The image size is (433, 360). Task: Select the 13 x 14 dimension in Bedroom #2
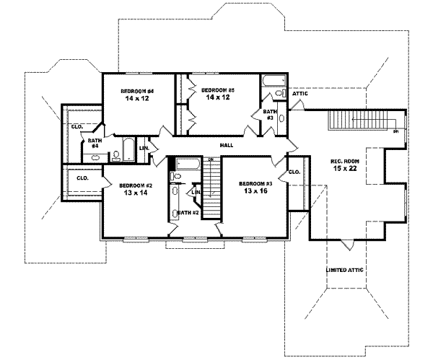(136, 193)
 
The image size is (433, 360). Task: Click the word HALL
(227, 145)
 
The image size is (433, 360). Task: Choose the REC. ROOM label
(344, 160)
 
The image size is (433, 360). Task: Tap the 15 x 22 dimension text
(344, 168)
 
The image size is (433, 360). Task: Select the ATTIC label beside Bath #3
(300, 93)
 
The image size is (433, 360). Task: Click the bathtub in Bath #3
(275, 79)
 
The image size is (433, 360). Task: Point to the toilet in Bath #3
(281, 94)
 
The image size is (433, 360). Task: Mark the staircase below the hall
(211, 189)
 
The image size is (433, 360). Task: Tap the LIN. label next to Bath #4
(144, 147)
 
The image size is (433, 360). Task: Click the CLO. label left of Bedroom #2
(82, 177)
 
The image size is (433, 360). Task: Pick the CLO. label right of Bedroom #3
(294, 172)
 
